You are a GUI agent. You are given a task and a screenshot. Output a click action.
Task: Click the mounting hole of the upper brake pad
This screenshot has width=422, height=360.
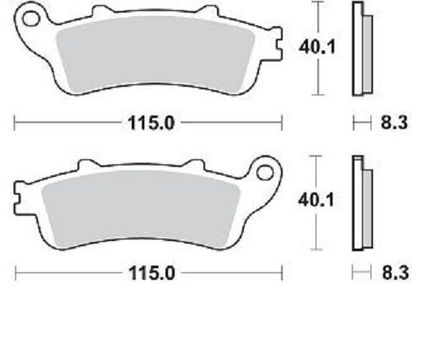point(31,19)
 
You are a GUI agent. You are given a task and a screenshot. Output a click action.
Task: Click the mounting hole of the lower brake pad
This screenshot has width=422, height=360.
point(265,173)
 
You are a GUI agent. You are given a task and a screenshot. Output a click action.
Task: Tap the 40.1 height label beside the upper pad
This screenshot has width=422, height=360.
point(317,46)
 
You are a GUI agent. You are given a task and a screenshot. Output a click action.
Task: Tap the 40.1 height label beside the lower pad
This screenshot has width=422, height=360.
point(316,200)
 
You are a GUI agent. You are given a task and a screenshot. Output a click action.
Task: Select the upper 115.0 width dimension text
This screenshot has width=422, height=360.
point(151,123)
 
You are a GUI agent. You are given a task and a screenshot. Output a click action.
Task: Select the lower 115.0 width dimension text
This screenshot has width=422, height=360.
point(152,273)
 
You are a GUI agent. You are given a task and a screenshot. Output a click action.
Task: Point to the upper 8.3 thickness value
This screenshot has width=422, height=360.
point(394,122)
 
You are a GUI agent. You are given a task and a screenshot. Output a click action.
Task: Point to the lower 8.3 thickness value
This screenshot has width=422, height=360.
point(395,272)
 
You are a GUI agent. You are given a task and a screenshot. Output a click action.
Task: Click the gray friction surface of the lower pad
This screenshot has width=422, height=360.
point(141,209)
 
